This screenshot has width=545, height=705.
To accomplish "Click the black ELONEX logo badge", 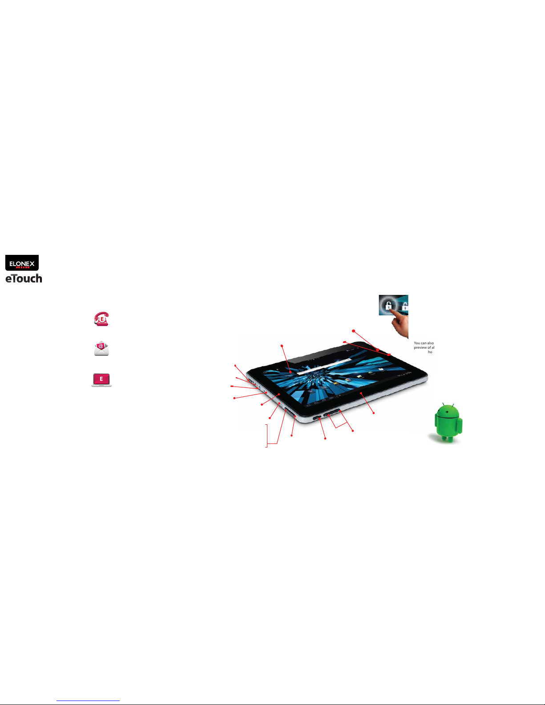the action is pyautogui.click(x=22, y=263).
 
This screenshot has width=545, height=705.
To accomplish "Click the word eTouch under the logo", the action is pyautogui.click(x=24, y=279).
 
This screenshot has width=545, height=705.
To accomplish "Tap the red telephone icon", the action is pyautogui.click(x=101, y=319).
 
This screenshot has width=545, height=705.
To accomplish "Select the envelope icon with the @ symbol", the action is pyautogui.click(x=101, y=349).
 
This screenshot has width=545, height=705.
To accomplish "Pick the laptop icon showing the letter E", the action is pyautogui.click(x=101, y=379).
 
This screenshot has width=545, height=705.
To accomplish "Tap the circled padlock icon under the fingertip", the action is pyautogui.click(x=388, y=306).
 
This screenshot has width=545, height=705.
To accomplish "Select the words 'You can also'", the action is pyautogui.click(x=424, y=343).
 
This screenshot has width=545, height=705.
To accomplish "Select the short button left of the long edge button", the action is pyautogui.click(x=317, y=418).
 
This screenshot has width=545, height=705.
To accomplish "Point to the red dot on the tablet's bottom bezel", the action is pyautogui.click(x=361, y=393).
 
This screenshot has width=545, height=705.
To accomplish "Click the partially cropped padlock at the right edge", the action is pyautogui.click(x=405, y=306).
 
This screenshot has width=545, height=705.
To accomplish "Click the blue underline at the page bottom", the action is pyautogui.click(x=88, y=701).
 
